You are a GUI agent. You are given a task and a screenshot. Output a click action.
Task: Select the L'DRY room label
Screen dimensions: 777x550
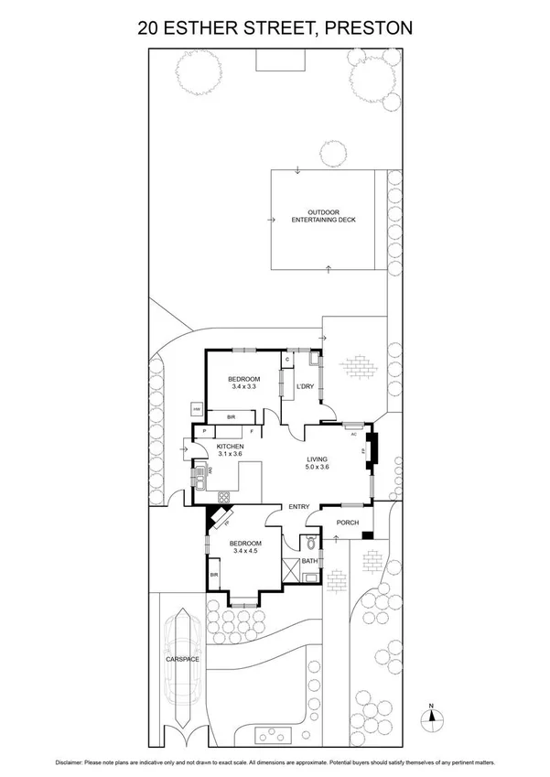point(304,386)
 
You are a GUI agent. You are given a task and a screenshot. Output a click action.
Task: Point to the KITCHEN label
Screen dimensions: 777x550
point(230,446)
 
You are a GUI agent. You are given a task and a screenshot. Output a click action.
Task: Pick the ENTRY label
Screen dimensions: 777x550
point(299,507)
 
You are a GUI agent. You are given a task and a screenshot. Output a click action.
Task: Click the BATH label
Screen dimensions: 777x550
point(309,561)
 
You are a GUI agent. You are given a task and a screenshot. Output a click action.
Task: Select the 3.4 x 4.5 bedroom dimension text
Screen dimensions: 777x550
point(246,551)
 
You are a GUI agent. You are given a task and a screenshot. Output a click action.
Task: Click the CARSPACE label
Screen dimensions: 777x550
point(182,659)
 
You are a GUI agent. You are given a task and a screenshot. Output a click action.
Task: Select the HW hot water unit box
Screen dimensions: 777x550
point(196,409)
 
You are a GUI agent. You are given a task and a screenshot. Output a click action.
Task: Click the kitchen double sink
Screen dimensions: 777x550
point(200,477)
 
